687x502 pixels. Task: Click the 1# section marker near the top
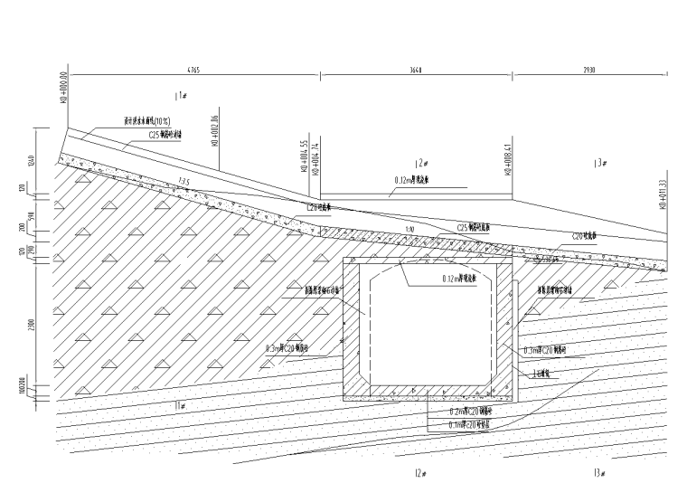(x=180, y=94)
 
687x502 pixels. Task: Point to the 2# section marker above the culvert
(x=419, y=163)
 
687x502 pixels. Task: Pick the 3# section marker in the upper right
(x=598, y=163)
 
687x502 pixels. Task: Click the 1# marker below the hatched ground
(x=180, y=404)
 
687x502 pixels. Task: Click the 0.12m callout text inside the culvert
(x=461, y=279)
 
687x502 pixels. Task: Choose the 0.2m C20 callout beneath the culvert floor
(x=470, y=411)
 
